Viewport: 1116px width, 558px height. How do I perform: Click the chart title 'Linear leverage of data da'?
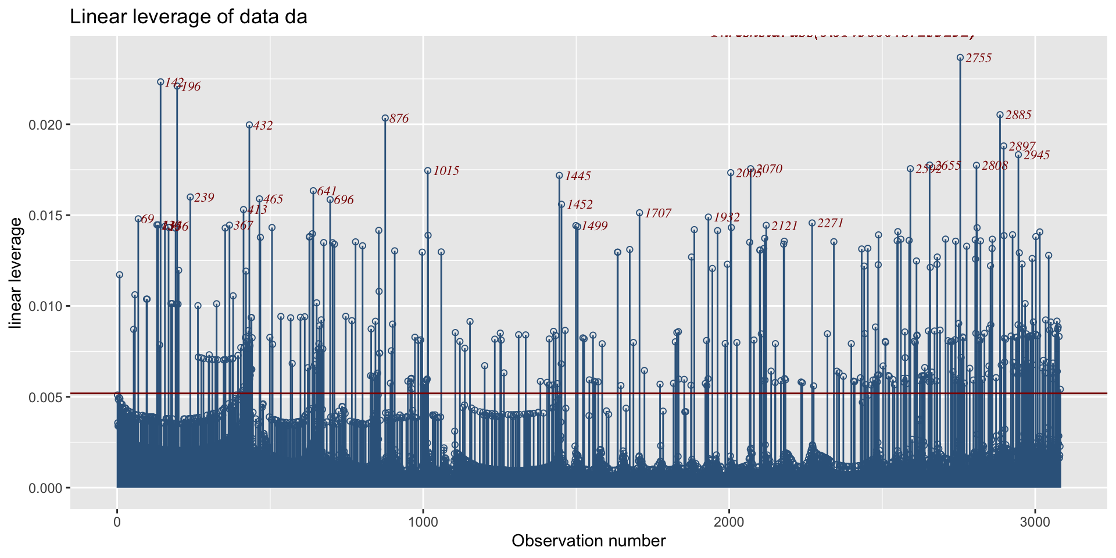[x=188, y=17]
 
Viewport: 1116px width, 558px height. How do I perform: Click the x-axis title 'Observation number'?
[x=588, y=541]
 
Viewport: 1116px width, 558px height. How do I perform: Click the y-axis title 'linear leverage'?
[x=16, y=273]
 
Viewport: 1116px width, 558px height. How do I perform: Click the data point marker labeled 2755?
[x=960, y=58]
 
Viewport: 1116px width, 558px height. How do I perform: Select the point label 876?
[x=399, y=119]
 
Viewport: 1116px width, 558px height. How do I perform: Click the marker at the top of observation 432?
[x=249, y=125]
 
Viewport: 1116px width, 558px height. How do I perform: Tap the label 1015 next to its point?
[x=446, y=171]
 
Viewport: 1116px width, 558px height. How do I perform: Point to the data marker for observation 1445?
[x=559, y=176]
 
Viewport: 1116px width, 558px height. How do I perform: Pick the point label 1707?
[x=658, y=213]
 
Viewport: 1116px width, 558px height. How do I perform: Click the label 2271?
[x=830, y=223]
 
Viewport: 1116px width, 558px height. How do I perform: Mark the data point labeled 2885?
[x=1000, y=115]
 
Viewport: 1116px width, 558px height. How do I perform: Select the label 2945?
[x=1036, y=155]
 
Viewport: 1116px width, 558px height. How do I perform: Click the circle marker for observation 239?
[x=190, y=197]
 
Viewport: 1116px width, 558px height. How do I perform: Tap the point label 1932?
[x=727, y=217]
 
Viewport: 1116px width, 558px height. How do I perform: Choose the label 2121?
[x=785, y=226]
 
